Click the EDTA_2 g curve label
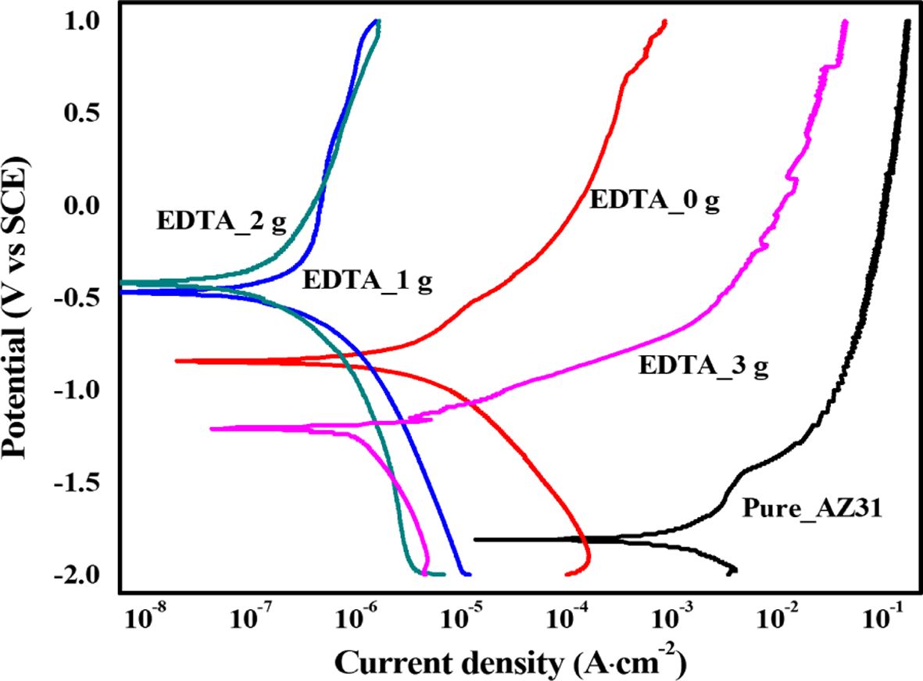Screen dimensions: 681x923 tap(222, 219)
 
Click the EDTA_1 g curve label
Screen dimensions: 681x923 tap(367, 280)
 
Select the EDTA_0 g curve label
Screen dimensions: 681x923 tap(653, 201)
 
